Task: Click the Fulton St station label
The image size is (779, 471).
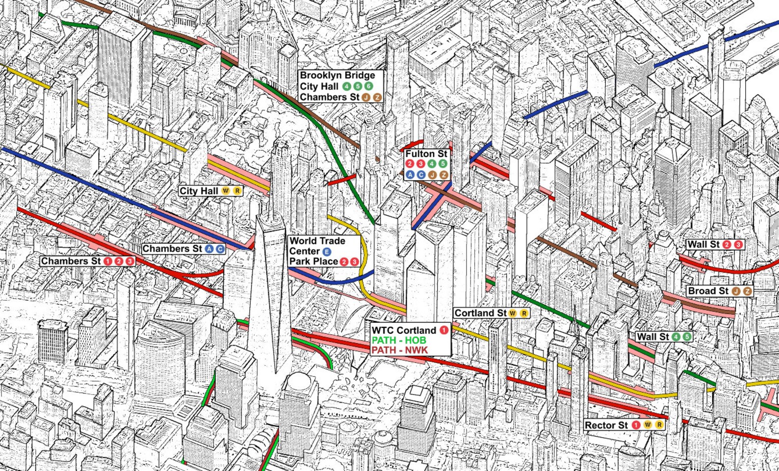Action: point(426,154)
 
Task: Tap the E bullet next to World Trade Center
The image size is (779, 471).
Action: point(327,252)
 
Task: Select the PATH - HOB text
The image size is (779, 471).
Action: point(398,340)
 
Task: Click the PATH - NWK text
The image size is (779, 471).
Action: point(399,350)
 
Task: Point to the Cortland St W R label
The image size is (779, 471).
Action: point(491,313)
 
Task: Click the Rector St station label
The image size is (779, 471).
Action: point(623,425)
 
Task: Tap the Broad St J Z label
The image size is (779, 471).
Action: point(720,291)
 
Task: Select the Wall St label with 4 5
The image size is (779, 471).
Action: point(664,337)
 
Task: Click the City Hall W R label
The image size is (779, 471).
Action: point(210,191)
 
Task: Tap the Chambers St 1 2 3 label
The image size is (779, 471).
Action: point(87,261)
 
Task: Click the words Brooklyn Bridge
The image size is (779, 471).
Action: point(338,76)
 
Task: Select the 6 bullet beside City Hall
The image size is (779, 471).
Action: point(369,86)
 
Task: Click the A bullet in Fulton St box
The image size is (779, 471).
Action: point(410,175)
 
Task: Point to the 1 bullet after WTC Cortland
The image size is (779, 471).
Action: point(444,330)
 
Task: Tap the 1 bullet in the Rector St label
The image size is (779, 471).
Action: point(636,425)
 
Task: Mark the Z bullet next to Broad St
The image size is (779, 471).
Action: point(747,291)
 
